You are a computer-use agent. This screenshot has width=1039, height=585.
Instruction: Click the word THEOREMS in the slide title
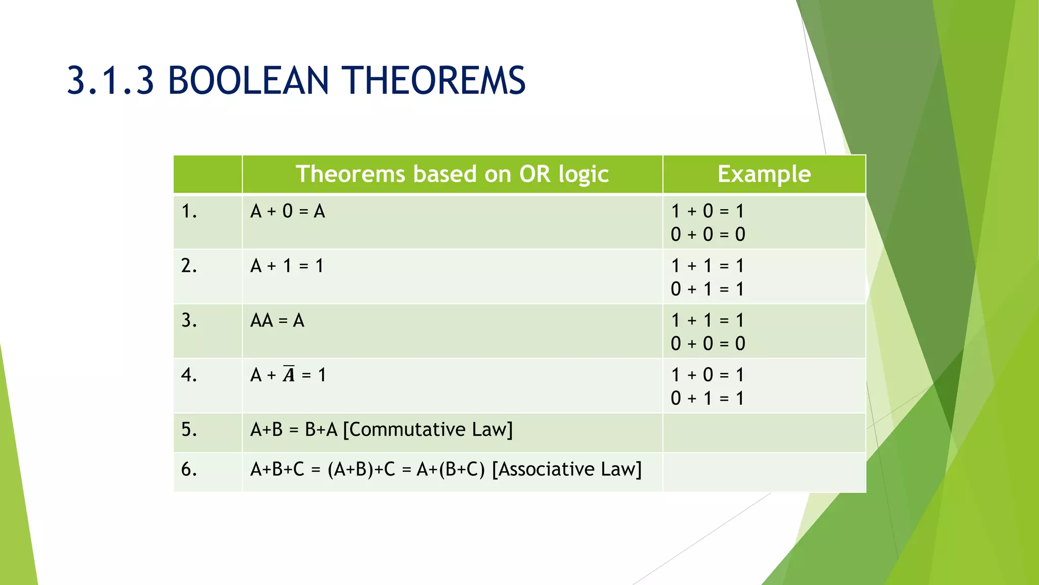tap(434, 81)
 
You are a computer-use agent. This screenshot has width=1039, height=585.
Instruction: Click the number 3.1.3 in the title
tap(110, 81)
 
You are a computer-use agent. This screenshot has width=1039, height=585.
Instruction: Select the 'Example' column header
tap(764, 174)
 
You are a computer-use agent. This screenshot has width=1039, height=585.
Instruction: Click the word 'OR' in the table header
tap(535, 174)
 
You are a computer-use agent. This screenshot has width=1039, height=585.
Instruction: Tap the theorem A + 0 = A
tap(287, 211)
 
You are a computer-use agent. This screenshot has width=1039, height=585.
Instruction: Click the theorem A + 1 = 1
tap(287, 266)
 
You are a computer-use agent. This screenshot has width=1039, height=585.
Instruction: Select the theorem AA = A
tap(277, 320)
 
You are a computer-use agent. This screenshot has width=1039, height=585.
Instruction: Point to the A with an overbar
tap(289, 374)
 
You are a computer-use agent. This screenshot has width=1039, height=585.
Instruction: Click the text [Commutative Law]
tap(428, 430)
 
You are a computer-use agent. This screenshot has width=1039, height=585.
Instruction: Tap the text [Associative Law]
tap(567, 469)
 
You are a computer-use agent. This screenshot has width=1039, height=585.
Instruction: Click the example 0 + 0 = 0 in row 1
tap(708, 235)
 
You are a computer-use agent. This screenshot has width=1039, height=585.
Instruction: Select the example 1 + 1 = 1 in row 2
tap(708, 266)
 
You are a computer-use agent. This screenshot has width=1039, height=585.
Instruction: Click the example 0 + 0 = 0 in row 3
tap(708, 344)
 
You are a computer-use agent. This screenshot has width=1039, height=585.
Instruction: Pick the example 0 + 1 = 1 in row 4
tap(708, 398)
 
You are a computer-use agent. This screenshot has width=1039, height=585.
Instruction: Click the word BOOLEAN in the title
tap(248, 81)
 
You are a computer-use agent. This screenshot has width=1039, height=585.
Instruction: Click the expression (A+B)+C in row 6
tap(361, 469)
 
